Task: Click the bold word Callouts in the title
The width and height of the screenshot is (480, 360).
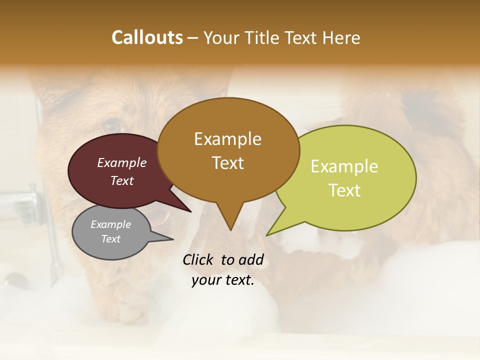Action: [x=147, y=37]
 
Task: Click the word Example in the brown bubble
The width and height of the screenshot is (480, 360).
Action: [x=227, y=139]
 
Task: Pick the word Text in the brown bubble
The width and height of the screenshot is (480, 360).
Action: [x=227, y=163]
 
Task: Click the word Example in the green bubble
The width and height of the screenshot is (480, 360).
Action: [x=344, y=166]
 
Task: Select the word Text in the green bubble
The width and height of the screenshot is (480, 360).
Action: [x=344, y=190]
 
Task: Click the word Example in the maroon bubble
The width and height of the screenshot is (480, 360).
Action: [x=121, y=162]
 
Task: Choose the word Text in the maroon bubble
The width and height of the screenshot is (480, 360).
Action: [x=121, y=180]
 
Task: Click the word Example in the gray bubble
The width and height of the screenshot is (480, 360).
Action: [x=110, y=224]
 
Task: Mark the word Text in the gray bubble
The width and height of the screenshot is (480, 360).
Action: [x=110, y=239]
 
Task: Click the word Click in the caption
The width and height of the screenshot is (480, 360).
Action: [x=198, y=259]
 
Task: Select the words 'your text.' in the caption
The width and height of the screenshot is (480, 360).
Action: [x=222, y=280]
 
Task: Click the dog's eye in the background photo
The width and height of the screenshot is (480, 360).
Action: [x=111, y=126]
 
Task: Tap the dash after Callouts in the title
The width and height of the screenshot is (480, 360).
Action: [x=193, y=38]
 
